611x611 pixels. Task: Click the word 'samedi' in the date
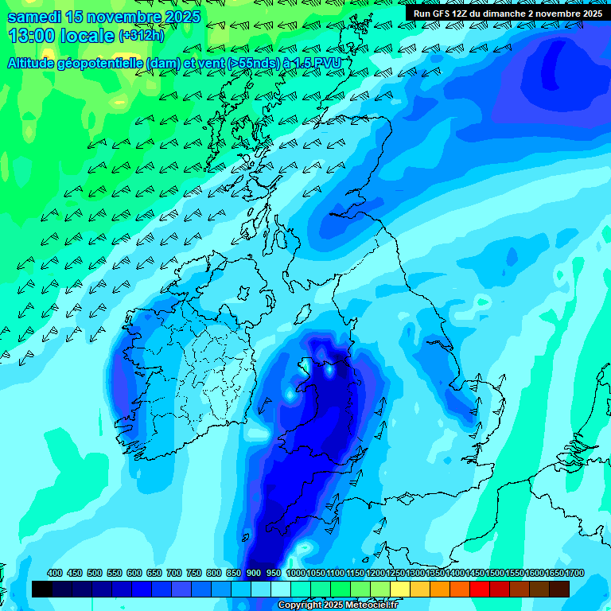coord(34,17)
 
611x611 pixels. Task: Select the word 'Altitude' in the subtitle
coord(33,63)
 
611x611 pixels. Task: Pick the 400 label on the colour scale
coord(55,574)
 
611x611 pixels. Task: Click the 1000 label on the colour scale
coord(295,574)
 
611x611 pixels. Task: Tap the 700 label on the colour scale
coord(174,574)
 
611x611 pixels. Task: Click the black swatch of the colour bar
coord(42,590)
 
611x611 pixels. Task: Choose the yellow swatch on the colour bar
coord(400,590)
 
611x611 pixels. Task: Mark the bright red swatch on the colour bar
coord(480,590)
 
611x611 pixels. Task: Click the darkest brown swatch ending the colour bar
coord(559,590)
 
